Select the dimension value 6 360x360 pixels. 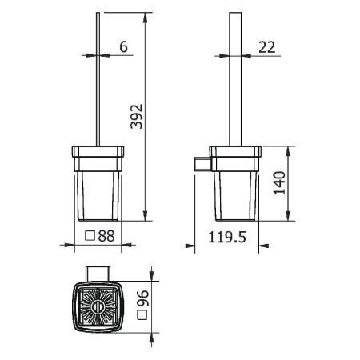(122, 48)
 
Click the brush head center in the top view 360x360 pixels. (102, 307)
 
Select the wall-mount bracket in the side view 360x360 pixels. (202, 164)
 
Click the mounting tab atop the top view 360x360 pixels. (102, 272)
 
